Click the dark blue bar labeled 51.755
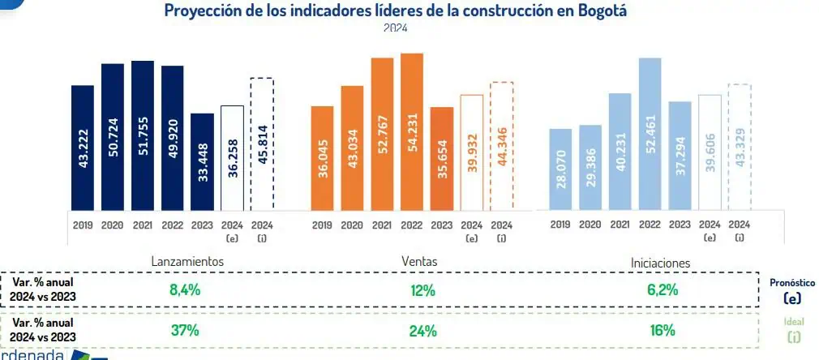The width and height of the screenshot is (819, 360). click(x=143, y=136)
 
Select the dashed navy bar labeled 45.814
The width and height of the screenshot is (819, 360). click(x=262, y=144)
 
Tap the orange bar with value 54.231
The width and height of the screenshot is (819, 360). click(x=412, y=132)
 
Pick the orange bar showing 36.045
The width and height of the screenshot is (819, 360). click(x=322, y=158)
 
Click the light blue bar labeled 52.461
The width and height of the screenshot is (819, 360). click(x=650, y=135)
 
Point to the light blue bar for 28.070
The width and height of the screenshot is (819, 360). click(x=560, y=169)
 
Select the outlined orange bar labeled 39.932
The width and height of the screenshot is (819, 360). click(x=472, y=152)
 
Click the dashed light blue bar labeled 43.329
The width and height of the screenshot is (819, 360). click(x=740, y=147)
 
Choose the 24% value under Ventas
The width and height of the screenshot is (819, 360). click(x=423, y=331)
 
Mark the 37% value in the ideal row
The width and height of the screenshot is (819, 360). click(x=185, y=331)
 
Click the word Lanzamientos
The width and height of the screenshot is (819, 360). click(x=187, y=262)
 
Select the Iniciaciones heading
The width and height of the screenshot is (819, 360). click(x=661, y=263)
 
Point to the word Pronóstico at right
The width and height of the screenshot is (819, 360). click(x=792, y=283)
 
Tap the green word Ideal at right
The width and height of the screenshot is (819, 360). click(x=794, y=323)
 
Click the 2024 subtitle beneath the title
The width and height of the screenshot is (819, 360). click(x=396, y=28)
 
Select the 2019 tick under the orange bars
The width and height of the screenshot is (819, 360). click(x=322, y=225)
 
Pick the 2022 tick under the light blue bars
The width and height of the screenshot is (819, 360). click(x=650, y=225)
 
